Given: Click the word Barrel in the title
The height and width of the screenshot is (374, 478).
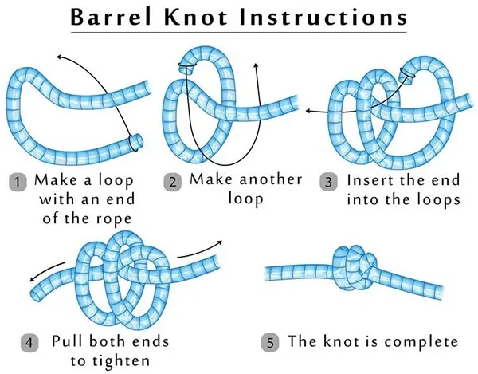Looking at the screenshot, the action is coord(111,17).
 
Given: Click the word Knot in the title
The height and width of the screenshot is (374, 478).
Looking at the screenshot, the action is coord(196,17).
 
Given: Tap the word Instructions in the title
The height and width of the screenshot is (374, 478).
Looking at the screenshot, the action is coord(323,17).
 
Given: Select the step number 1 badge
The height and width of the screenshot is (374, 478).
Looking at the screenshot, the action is coord(18,182).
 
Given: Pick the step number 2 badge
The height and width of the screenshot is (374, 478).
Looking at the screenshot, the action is coord(173,182).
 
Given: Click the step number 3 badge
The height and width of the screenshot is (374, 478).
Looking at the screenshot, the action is coord(328,182).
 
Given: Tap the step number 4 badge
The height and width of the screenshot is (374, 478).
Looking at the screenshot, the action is coord(29,343).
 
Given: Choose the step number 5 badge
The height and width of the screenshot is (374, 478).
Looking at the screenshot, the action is coord(270,343).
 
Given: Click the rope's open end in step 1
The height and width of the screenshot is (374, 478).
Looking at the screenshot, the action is coord(136,142).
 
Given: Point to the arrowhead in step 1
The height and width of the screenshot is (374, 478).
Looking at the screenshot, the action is coord(59,57).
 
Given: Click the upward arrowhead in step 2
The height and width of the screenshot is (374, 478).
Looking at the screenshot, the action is coord(256,65).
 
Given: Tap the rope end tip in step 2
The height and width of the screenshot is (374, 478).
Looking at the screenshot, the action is coord(186,69).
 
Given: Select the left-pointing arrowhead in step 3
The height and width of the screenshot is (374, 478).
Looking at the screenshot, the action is coord(308,111).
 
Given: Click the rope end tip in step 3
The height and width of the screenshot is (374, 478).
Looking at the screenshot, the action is coord(406,74).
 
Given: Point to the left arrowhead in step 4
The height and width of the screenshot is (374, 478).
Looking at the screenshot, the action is coord(33,279).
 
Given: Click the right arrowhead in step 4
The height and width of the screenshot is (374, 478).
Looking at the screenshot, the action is coord(219,242).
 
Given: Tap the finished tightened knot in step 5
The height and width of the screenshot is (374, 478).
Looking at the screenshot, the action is coord(355,267).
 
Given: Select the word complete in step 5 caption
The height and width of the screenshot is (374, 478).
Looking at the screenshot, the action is coord(421,341).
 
